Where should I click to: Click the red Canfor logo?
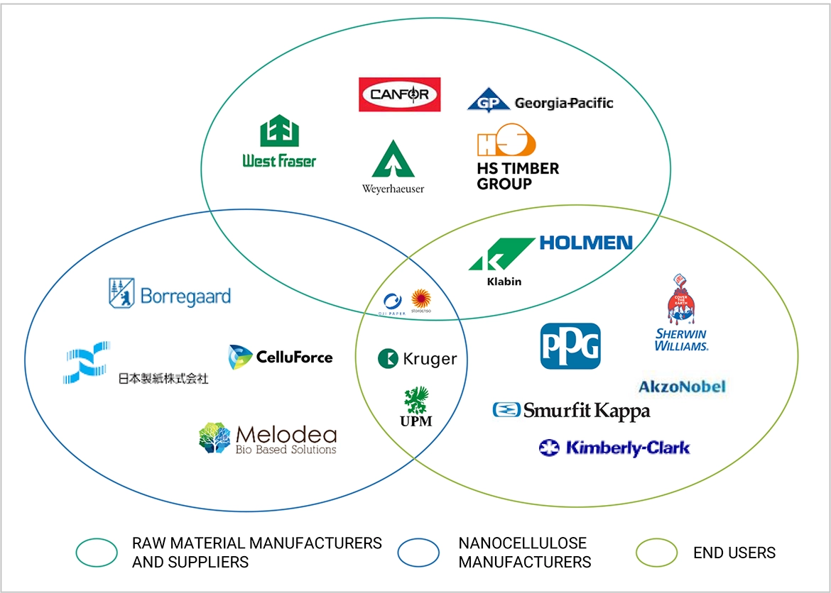(x=399, y=94)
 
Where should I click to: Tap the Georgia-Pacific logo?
(x=540, y=101)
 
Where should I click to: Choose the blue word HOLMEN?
(x=586, y=243)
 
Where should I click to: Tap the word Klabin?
(x=504, y=281)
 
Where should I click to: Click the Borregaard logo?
(x=170, y=294)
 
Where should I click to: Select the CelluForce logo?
(x=281, y=357)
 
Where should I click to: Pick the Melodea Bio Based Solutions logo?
(x=268, y=438)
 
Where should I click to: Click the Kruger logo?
(x=417, y=359)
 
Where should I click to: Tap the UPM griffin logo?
(x=416, y=406)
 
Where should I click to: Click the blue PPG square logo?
(x=570, y=346)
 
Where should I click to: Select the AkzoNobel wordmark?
(x=682, y=387)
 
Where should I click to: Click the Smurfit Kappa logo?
(x=571, y=410)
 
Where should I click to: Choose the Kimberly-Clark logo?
(x=614, y=448)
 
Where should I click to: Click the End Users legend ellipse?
(x=657, y=553)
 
